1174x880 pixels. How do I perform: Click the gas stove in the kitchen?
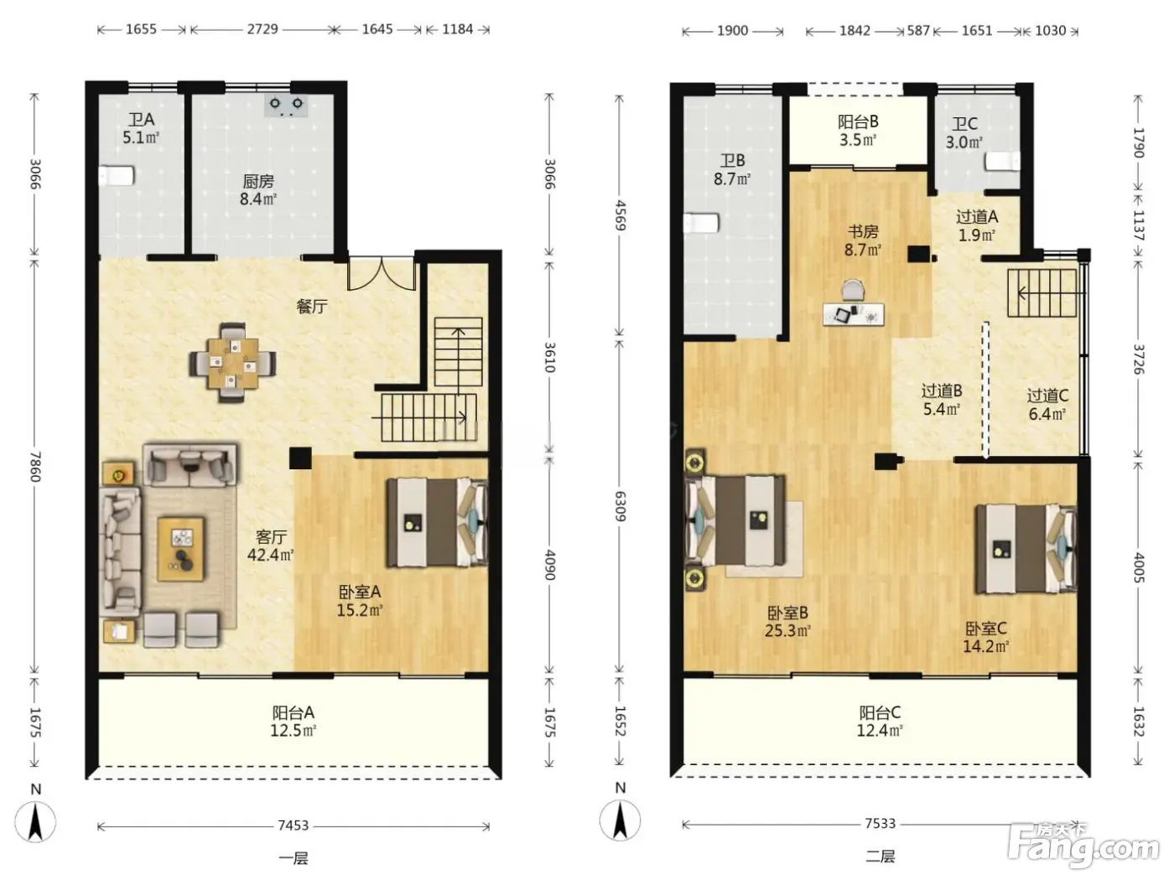click(x=286, y=106)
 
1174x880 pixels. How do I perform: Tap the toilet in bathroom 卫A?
click(x=116, y=175)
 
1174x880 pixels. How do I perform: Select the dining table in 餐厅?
click(x=233, y=363)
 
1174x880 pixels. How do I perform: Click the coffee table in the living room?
click(x=181, y=549)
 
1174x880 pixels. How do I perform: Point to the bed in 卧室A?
click(x=438, y=522)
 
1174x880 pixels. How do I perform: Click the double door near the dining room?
click(x=382, y=274)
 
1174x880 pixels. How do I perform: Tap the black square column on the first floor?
click(x=300, y=458)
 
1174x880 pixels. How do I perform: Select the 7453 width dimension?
click(x=293, y=826)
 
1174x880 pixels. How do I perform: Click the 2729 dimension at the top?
click(x=262, y=28)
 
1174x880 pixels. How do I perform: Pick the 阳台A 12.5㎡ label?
click(x=293, y=722)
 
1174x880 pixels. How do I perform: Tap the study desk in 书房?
click(x=853, y=313)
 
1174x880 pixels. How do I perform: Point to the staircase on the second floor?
click(x=1042, y=292)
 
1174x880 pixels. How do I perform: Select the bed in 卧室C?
click(x=1026, y=549)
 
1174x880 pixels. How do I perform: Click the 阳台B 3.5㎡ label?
click(x=858, y=131)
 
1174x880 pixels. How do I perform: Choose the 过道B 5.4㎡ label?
click(x=942, y=401)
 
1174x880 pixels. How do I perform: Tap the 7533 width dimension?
click(x=880, y=823)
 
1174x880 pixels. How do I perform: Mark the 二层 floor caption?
click(x=880, y=857)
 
